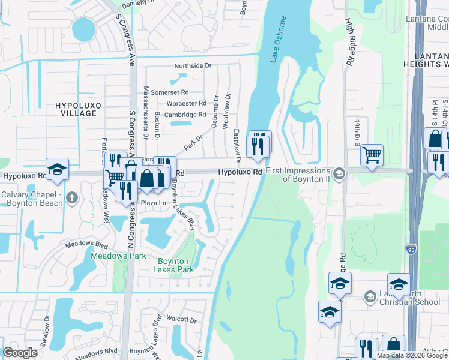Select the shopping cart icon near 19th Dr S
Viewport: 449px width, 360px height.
tap(372, 155)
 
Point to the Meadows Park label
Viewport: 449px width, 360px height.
tap(118, 256)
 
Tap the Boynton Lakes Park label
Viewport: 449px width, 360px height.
tap(176, 265)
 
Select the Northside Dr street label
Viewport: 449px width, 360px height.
tap(193, 65)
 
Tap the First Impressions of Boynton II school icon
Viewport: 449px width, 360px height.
tap(339, 173)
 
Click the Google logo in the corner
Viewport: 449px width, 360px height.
tap(20, 352)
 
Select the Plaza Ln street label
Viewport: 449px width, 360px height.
tap(153, 203)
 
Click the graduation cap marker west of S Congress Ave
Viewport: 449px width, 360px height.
tap(57, 169)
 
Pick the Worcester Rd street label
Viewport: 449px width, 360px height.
tap(186, 103)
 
